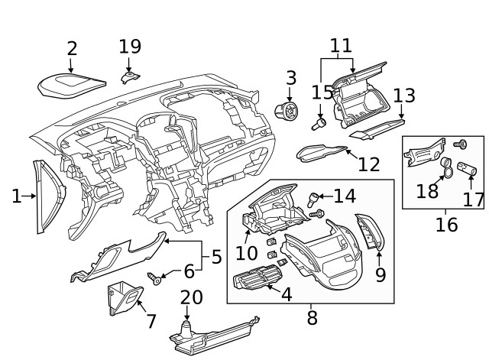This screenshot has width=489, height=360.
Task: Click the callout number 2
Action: click(72, 49)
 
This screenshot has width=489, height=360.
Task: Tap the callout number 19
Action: click(130, 47)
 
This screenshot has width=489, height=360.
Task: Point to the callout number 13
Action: click(404, 96)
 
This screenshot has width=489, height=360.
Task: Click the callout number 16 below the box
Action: click(446, 225)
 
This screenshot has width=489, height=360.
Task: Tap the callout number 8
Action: click(312, 316)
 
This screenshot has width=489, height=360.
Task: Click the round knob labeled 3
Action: click(289, 112)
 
